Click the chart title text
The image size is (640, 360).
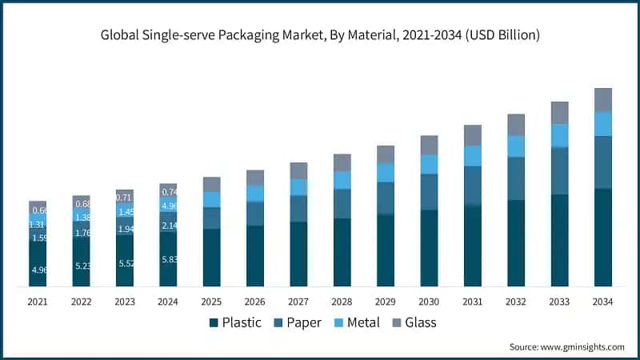tap(320, 35)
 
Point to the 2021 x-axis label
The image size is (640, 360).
tap(38, 302)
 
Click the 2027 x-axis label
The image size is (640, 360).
tap(298, 302)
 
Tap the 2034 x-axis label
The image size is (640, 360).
tap(603, 302)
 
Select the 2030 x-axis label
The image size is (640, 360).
tap(429, 302)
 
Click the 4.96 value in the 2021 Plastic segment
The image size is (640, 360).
tap(38, 270)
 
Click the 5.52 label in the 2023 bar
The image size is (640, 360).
tap(125, 263)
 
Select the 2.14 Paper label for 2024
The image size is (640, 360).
tap(169, 226)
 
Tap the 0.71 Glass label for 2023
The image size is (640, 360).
tap(125, 197)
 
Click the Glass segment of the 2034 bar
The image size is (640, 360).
tap(603, 100)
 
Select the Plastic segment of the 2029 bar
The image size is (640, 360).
tap(386, 250)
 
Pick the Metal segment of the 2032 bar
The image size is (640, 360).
tap(516, 146)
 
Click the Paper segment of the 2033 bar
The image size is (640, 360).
tap(560, 170)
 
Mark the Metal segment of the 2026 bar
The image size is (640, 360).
tap(255, 194)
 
